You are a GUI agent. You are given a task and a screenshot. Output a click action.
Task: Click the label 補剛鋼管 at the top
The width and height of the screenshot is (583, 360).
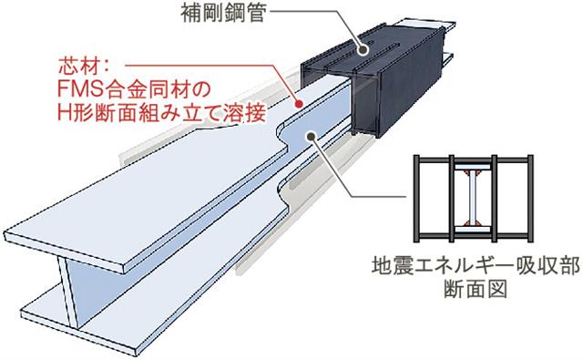point(224,13)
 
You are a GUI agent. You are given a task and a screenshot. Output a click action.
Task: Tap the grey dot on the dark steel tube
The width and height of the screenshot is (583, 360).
point(363,49)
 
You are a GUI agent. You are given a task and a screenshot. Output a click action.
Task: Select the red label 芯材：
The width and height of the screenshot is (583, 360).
point(83,67)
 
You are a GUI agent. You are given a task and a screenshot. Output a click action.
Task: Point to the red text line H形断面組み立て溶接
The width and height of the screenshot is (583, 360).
point(162,112)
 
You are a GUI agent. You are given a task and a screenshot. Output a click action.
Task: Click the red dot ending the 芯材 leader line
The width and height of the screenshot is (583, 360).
point(299,104)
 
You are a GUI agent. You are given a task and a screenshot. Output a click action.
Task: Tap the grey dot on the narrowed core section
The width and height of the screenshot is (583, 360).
point(311,137)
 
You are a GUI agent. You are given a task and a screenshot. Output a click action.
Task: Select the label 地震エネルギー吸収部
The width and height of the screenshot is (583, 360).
point(476,266)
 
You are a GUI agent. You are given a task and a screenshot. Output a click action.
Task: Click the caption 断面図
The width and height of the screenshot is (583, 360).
point(476,289)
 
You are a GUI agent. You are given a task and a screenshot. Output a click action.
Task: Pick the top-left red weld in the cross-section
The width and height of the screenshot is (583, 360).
point(465,172)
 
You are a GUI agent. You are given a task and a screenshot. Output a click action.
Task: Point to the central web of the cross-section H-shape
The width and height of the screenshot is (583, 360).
point(472,198)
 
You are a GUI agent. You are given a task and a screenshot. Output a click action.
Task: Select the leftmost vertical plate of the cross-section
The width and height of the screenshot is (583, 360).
point(417,198)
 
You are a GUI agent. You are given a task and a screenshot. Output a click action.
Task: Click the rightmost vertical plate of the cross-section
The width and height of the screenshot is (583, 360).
point(530,198)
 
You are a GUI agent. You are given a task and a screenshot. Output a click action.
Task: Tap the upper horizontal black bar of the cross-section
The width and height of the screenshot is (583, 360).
point(474,160)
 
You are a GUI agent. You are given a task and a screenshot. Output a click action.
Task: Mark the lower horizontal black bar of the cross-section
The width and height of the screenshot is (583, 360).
point(474,235)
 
